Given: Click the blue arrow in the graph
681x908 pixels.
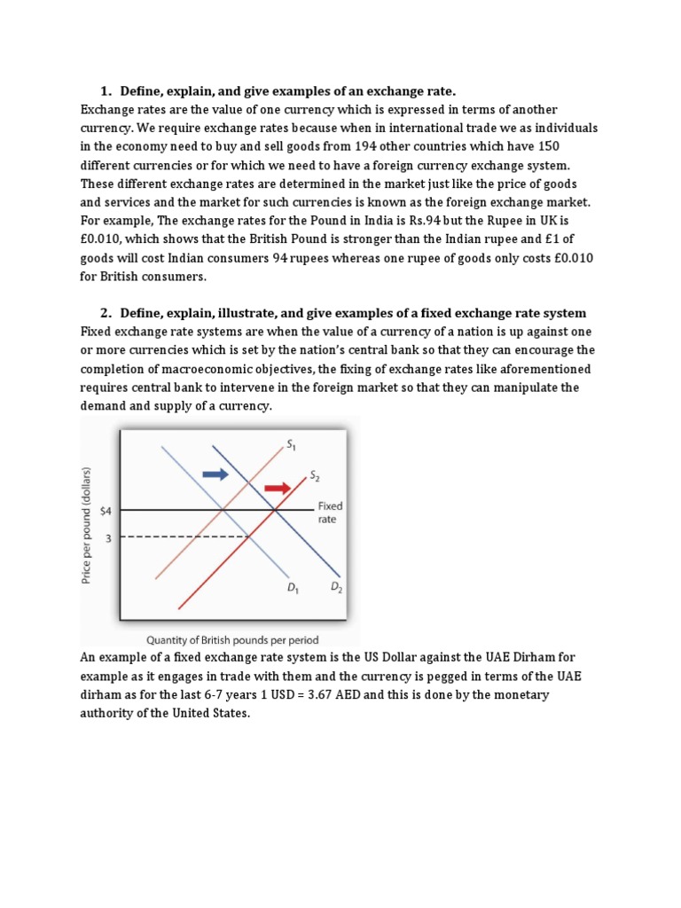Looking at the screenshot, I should [215, 475].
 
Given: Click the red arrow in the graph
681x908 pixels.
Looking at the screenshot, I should [278, 488].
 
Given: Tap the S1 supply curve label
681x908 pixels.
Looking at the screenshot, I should [290, 443].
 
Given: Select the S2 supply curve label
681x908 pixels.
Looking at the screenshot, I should [314, 476].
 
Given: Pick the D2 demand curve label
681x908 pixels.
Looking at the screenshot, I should [336, 587].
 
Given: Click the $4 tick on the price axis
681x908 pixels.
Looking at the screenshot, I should [105, 511].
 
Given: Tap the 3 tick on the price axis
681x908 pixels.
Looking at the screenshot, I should [109, 537].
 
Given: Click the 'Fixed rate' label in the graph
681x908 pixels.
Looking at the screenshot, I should [330, 513].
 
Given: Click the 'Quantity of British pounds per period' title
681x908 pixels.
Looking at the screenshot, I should [232, 639].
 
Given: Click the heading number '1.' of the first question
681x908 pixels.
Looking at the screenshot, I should [106, 91].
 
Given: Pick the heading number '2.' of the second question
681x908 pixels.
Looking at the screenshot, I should [106, 313].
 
